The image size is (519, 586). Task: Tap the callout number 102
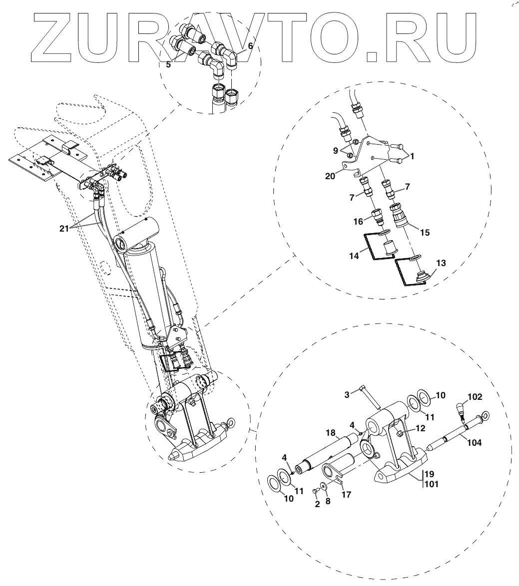pyautogui.click(x=474, y=398)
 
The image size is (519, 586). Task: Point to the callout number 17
pyautogui.click(x=346, y=495)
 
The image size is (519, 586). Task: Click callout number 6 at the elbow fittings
pyautogui.click(x=250, y=46)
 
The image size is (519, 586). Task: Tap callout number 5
pyautogui.click(x=169, y=64)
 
